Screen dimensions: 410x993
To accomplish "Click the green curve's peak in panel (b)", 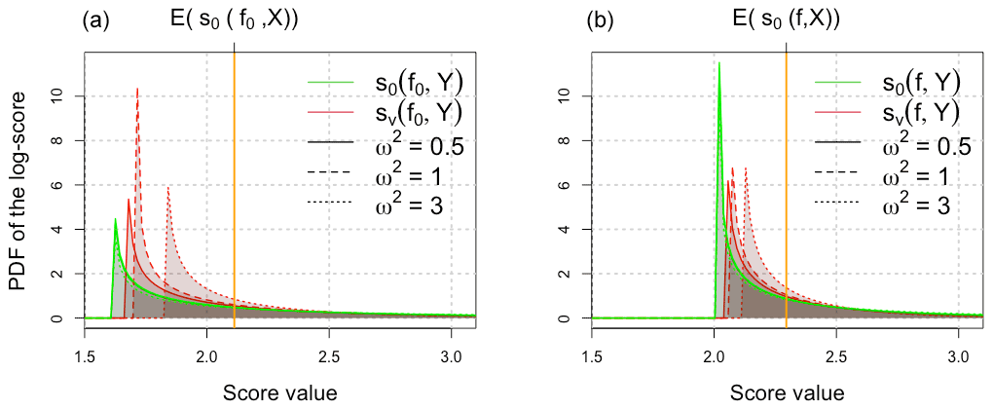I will click(718, 64).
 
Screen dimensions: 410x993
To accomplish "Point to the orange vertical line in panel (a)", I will click(235, 195).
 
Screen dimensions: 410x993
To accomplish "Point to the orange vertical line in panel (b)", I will click(786, 195).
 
